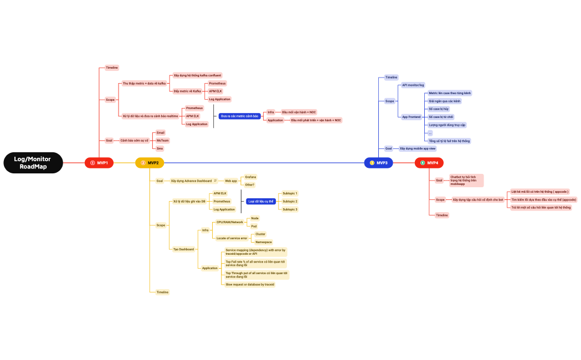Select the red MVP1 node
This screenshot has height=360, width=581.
click(x=99, y=163)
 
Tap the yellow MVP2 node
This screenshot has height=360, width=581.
click(x=150, y=163)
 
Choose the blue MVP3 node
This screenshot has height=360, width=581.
click(x=379, y=163)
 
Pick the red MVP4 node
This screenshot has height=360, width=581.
click(x=430, y=163)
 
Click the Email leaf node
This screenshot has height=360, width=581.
click(x=161, y=133)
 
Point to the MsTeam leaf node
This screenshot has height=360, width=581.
click(x=162, y=141)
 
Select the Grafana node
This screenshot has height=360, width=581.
click(x=250, y=177)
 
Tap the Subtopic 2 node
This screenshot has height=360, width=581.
click(x=290, y=201)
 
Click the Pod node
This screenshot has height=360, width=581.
click(x=254, y=226)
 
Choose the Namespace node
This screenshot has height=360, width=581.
click(x=263, y=242)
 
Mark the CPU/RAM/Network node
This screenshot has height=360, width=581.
click(x=230, y=222)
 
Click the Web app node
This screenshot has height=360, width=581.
click(x=230, y=181)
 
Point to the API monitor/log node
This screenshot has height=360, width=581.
click(x=413, y=85)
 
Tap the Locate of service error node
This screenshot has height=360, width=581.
click(x=232, y=238)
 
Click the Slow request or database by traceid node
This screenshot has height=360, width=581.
click(x=250, y=284)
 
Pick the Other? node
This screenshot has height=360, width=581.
click(x=250, y=184)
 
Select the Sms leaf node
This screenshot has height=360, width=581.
click(x=160, y=148)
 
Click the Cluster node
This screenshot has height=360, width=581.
click(x=260, y=234)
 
